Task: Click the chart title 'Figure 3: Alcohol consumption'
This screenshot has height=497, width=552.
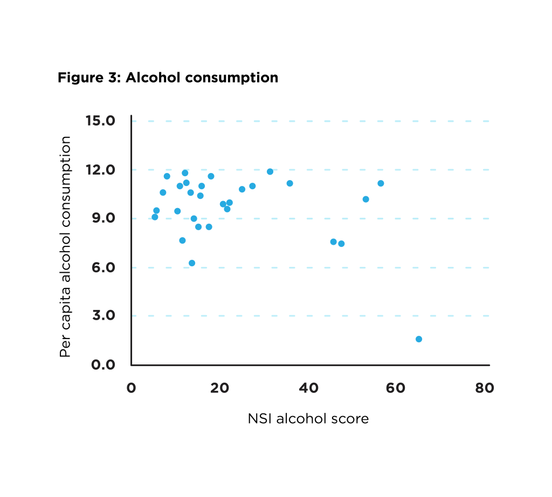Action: (168, 78)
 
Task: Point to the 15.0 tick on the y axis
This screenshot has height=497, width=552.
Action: (101, 120)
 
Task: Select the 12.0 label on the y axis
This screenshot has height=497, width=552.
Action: (101, 169)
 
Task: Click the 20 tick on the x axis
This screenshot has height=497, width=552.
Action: (219, 388)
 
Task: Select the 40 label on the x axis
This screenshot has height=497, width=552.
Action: (308, 388)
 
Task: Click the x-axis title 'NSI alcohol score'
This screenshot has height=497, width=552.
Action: (308, 419)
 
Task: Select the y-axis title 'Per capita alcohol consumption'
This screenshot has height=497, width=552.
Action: (65, 246)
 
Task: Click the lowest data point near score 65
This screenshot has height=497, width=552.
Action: (419, 339)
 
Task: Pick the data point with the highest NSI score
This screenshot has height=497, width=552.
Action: (419, 339)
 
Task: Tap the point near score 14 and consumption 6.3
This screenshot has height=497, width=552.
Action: (192, 263)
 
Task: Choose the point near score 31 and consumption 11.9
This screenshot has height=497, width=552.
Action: (270, 171)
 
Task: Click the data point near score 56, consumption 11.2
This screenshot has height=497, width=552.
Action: (381, 183)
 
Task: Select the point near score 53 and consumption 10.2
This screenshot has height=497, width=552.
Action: (366, 199)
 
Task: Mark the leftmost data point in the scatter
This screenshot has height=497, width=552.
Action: (155, 217)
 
